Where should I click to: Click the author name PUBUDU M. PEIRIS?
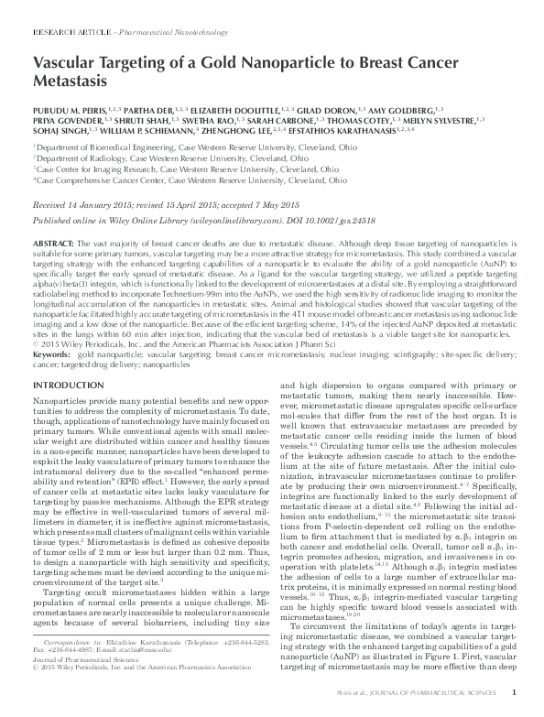coord(64,108)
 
